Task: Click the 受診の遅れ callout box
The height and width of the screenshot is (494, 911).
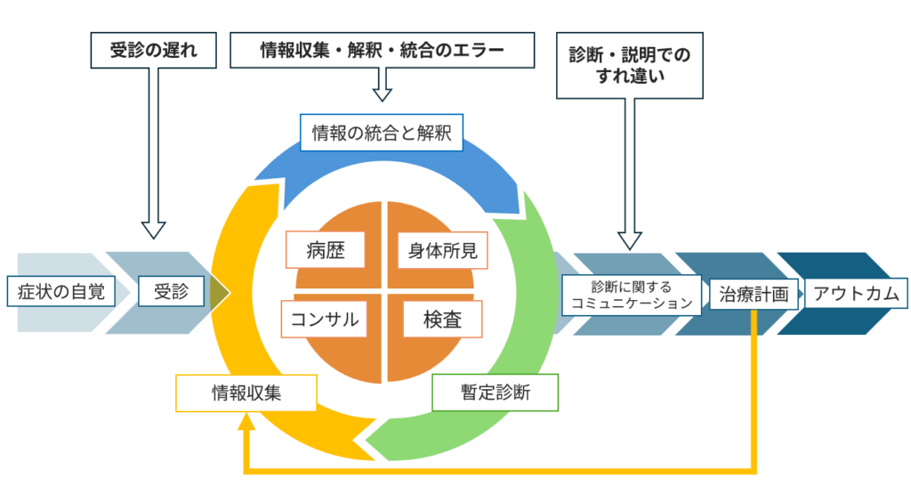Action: click(155, 51)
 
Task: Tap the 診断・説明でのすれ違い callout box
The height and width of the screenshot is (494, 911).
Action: click(629, 66)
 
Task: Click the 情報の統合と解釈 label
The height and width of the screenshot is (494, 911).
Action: click(382, 134)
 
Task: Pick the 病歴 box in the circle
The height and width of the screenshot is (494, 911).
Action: click(327, 250)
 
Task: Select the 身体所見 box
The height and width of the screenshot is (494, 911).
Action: click(442, 250)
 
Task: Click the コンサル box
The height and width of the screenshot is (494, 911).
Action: click(325, 320)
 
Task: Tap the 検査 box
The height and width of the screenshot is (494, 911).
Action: click(442, 320)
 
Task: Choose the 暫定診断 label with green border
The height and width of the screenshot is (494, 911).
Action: click(495, 393)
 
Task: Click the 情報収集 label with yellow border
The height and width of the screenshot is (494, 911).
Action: click(246, 393)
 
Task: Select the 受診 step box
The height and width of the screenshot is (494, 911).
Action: click(171, 291)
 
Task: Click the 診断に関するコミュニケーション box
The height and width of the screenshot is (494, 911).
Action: click(632, 294)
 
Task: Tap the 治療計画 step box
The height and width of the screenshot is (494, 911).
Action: click(754, 294)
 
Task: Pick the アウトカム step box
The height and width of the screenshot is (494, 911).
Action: click(856, 294)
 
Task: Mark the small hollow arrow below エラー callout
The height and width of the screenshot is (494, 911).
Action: click(382, 91)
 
